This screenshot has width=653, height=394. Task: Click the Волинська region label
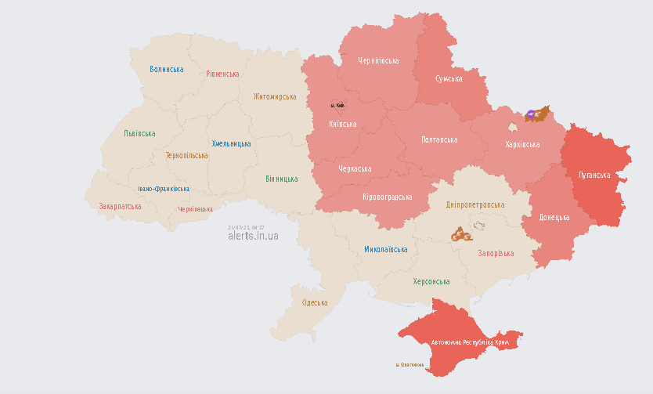point(167,69)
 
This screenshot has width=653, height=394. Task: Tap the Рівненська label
point(222,74)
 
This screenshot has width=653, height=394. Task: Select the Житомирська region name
point(274,96)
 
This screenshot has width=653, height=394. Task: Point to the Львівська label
point(139,133)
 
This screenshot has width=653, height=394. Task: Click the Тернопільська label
point(186,155)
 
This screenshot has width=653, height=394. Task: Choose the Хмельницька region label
point(231,143)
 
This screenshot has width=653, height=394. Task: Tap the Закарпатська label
point(120,207)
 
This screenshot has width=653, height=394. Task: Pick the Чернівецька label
point(195,209)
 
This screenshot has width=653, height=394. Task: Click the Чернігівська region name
point(378,60)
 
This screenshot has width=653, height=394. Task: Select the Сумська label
point(449,78)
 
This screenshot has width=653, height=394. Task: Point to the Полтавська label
point(439,139)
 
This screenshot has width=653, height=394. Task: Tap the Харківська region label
point(522,144)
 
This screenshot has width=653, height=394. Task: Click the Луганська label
point(593,175)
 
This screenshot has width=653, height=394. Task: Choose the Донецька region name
point(554,217)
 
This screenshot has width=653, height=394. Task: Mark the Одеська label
point(315,302)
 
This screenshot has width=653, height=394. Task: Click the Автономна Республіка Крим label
point(470,343)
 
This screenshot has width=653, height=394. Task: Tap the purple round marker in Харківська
point(531,114)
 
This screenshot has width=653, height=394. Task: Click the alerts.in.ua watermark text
point(253,235)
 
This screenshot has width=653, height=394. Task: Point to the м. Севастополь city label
point(410,364)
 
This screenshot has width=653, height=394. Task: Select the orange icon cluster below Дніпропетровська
point(460,233)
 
